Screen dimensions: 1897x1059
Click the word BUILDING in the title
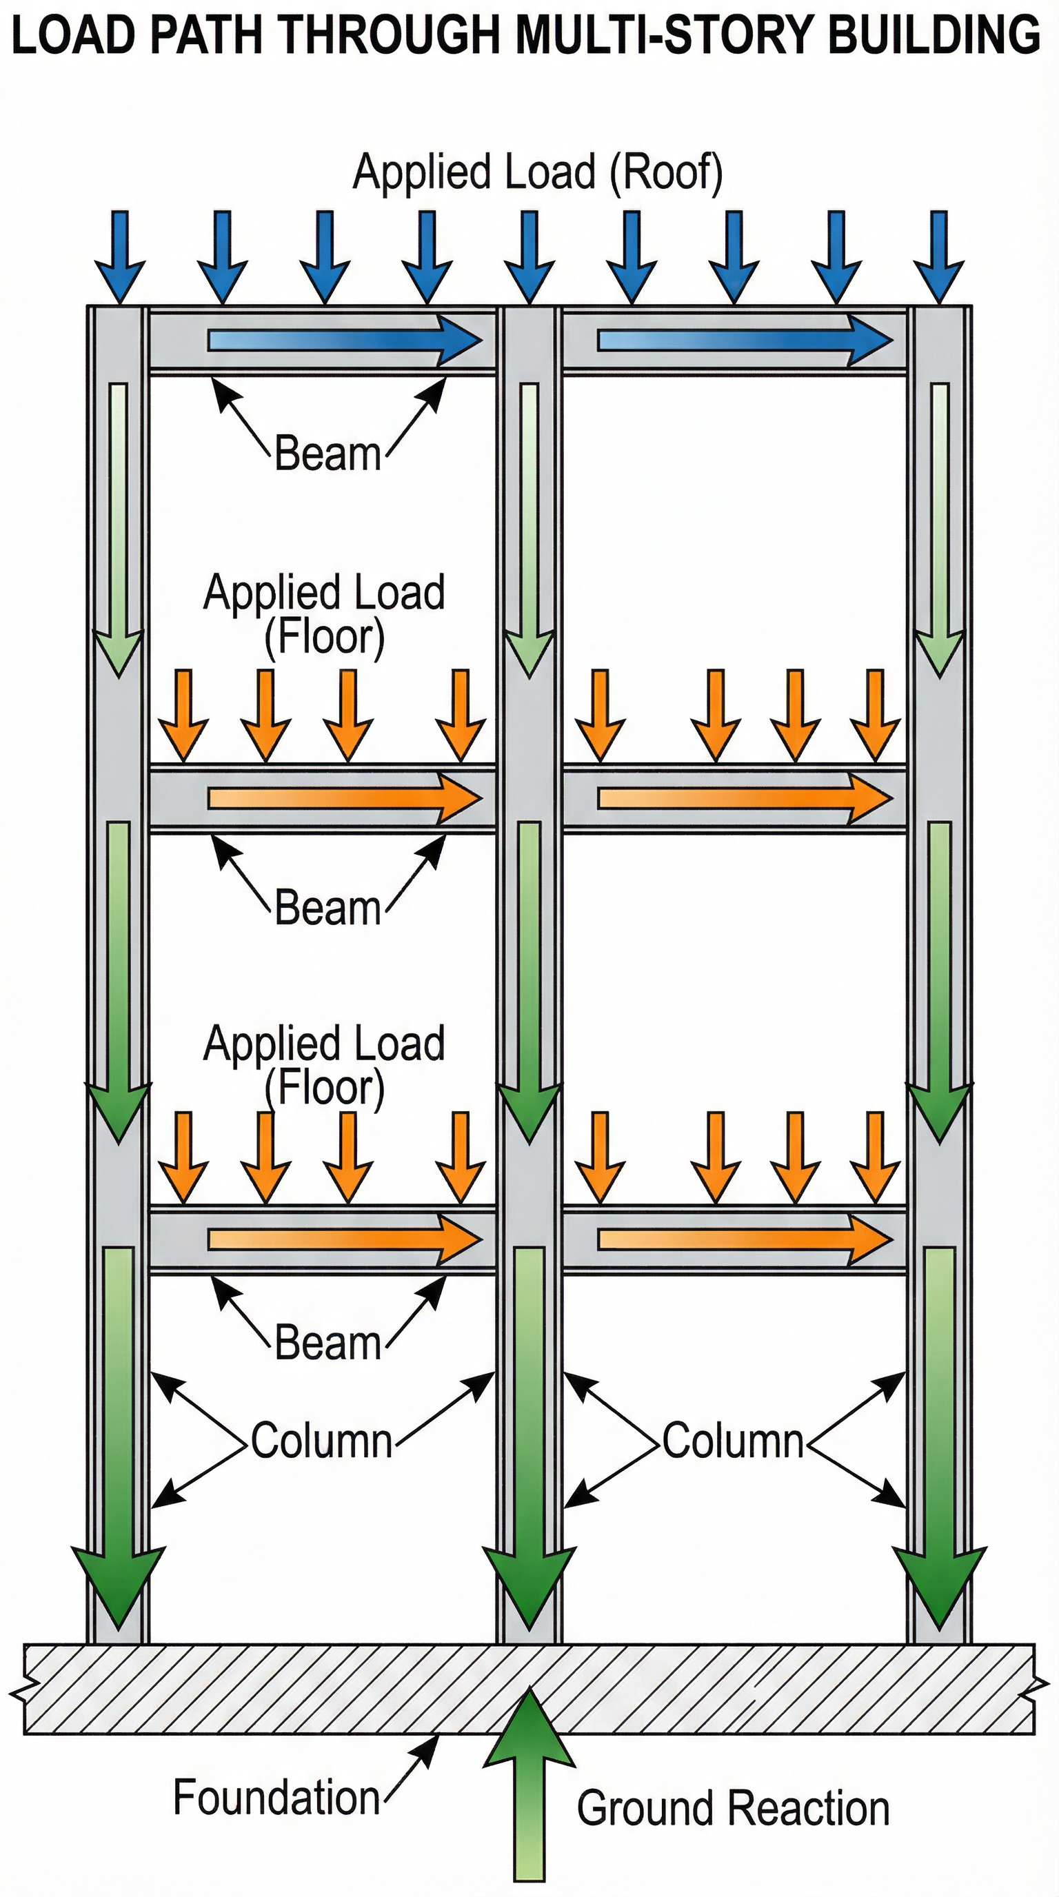(x=934, y=34)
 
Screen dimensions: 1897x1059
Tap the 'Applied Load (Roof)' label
(x=538, y=173)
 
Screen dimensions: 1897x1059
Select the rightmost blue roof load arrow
(x=938, y=254)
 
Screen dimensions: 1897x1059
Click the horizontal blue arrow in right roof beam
(x=744, y=341)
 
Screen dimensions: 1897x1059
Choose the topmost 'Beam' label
(x=327, y=454)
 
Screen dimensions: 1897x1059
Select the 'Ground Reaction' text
(x=733, y=1809)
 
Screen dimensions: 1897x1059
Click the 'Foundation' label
(x=276, y=1798)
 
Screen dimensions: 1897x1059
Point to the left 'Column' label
(x=321, y=1441)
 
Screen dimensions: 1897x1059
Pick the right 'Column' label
(x=732, y=1441)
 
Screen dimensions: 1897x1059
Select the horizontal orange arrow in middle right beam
(x=744, y=798)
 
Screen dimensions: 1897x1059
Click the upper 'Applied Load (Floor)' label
(x=324, y=614)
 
